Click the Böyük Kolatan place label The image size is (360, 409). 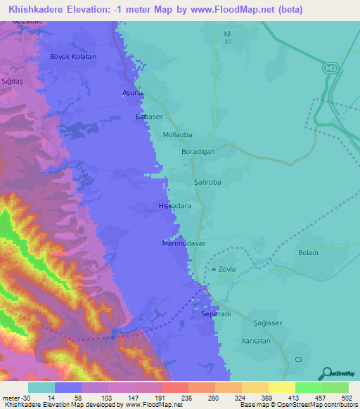pyautogui.click(x=73, y=56)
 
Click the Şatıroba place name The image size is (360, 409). pyautogui.click(x=207, y=181)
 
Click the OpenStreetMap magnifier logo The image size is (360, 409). pyautogui.click(x=326, y=373)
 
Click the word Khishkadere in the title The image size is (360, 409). pyautogui.click(x=35, y=7)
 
